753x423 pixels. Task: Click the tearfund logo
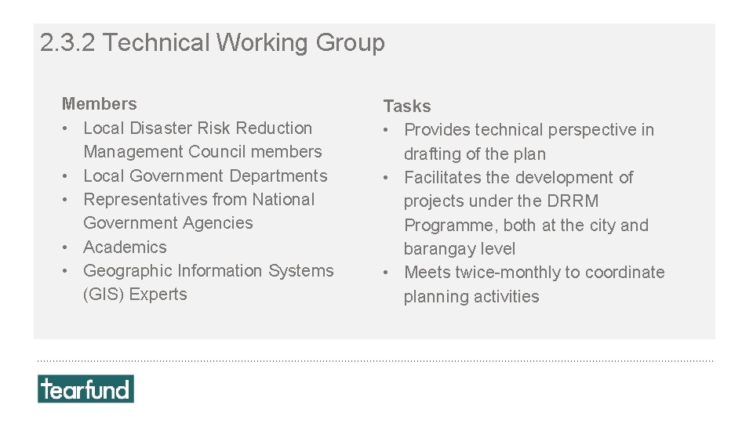pos(85,389)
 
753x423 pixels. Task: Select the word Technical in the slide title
pos(156,42)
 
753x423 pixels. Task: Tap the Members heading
pos(99,103)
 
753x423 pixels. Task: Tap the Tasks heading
pos(407,106)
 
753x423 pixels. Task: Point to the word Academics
pos(125,247)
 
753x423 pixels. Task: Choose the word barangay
pos(436,249)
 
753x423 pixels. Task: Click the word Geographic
pos(128,271)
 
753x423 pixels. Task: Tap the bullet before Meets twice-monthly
pos(387,273)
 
